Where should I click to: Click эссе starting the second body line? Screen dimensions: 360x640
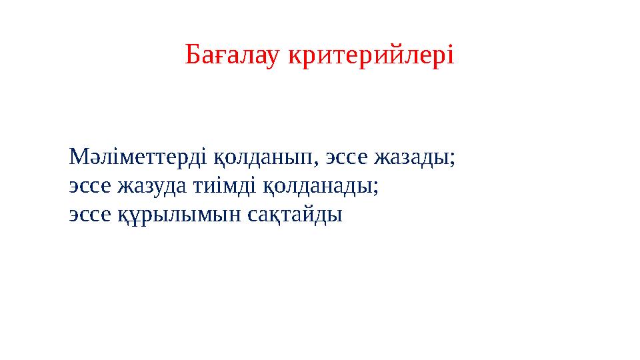(x=91, y=187)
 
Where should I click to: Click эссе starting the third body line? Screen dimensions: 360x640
(x=91, y=215)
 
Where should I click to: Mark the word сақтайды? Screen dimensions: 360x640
(x=285, y=215)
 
